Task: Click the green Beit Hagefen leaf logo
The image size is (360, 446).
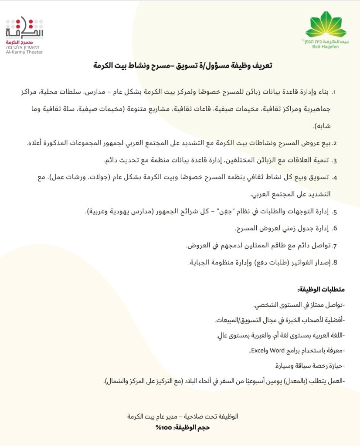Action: tap(326, 25)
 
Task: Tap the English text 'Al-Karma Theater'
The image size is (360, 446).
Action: tap(24, 52)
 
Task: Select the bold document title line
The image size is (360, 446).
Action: tap(183, 66)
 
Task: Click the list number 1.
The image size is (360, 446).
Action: tap(335, 92)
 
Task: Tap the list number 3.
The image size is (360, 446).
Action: tap(335, 160)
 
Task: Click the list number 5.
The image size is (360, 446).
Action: tap(335, 212)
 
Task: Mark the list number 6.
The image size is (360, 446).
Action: tap(335, 228)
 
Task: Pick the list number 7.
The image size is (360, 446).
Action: tap(335, 245)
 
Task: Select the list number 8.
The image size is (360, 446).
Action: tap(335, 262)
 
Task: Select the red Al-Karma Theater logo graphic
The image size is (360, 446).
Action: tap(24, 28)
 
